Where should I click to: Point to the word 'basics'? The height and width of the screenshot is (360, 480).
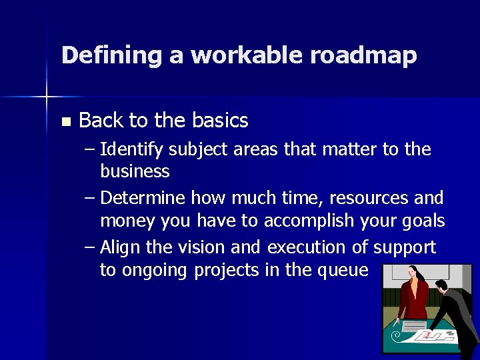pyautogui.click(x=219, y=121)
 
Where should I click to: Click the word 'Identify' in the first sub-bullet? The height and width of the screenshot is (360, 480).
pyautogui.click(x=131, y=150)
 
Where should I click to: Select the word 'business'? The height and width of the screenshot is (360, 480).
pyautogui.click(x=135, y=171)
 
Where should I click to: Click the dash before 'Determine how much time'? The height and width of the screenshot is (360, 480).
pyautogui.click(x=90, y=199)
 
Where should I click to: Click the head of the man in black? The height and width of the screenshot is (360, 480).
pyautogui.click(x=441, y=287)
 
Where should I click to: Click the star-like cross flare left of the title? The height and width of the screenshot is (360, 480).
pyautogui.click(x=47, y=97)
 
